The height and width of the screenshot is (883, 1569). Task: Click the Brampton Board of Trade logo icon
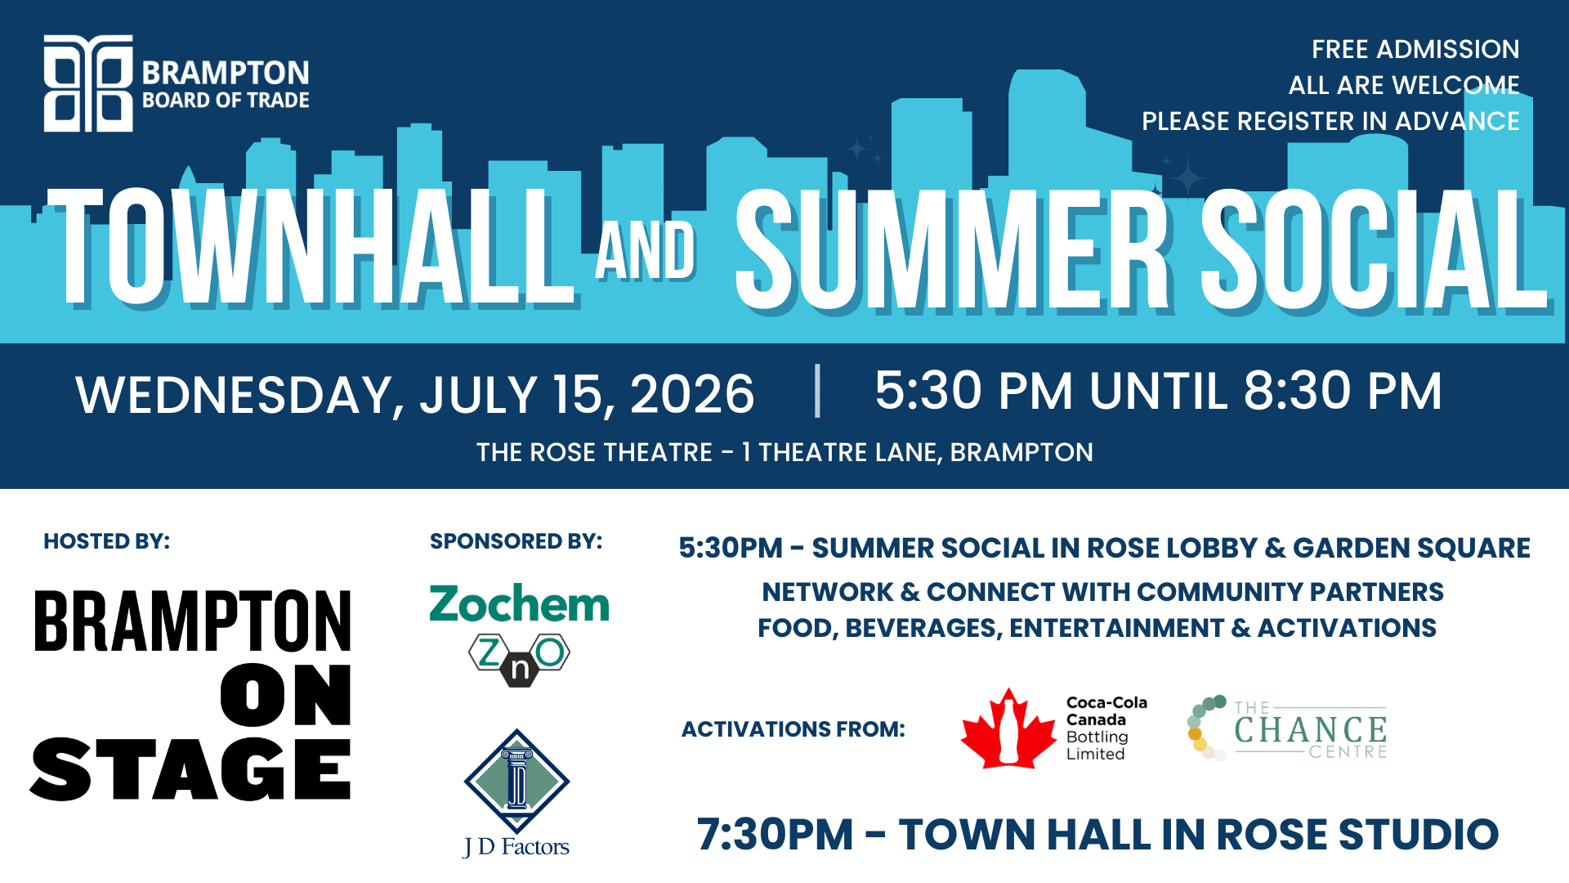(x=88, y=83)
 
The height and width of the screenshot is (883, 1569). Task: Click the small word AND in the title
(x=646, y=250)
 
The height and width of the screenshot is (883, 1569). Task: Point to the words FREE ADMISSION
(x=1415, y=49)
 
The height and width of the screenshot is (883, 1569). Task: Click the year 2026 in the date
(x=692, y=394)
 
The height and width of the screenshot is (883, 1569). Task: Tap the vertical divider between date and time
(x=817, y=391)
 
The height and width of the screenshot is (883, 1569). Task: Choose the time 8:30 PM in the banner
(x=1343, y=390)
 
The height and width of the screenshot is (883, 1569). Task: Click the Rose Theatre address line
(x=784, y=452)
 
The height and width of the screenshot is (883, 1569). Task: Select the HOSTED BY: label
(x=107, y=541)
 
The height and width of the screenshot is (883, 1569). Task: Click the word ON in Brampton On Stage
(x=286, y=695)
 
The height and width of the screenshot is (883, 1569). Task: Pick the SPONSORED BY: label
(x=516, y=541)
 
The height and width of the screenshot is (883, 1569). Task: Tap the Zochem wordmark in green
(x=520, y=604)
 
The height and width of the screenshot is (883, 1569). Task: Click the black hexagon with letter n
(x=520, y=669)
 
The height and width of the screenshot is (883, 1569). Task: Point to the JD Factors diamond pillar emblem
(x=516, y=782)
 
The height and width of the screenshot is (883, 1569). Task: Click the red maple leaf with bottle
(x=1009, y=729)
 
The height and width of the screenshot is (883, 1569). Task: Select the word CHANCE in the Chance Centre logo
(x=1311, y=730)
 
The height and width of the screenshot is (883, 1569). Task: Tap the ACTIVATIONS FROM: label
(x=793, y=729)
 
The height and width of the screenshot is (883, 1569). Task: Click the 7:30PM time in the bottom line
(x=775, y=835)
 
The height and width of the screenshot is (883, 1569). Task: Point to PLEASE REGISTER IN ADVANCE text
(x=1330, y=121)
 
